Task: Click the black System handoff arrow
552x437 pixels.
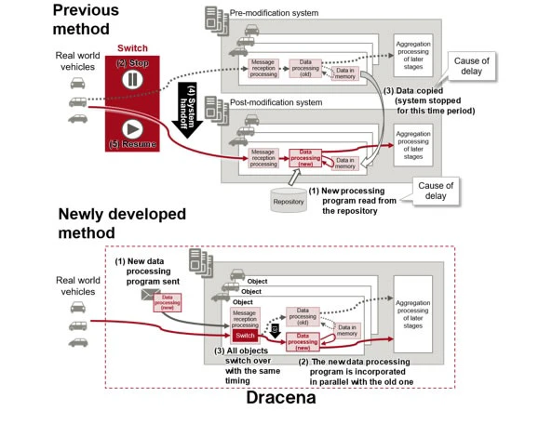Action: (x=191, y=110)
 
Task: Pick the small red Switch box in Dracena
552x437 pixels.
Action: (x=245, y=336)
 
